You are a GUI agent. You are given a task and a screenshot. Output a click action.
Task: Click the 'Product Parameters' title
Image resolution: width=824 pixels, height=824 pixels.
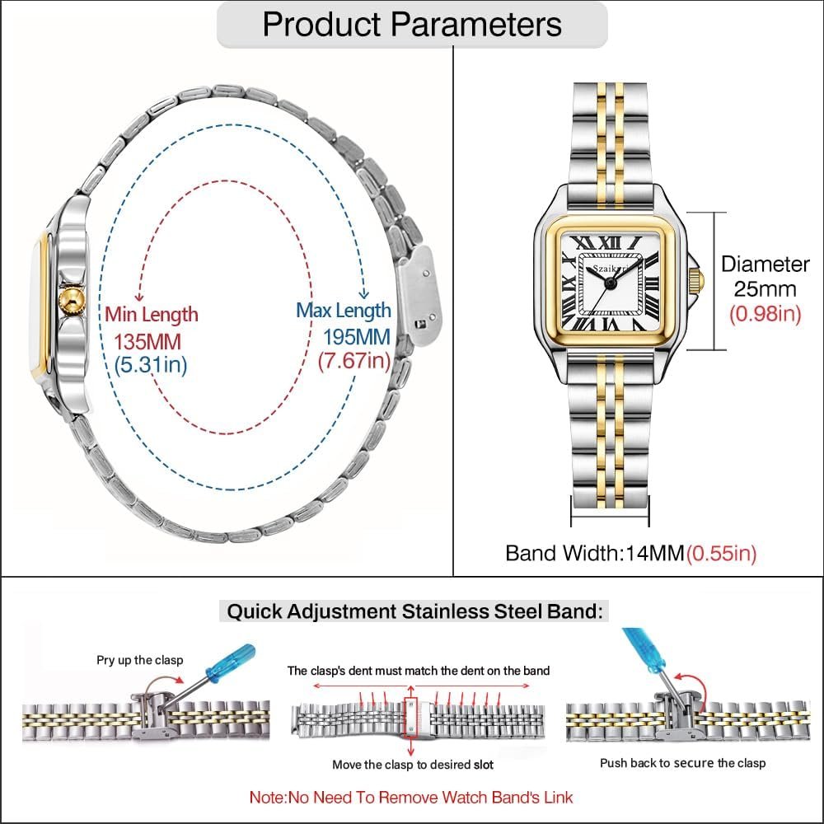pyautogui.click(x=412, y=24)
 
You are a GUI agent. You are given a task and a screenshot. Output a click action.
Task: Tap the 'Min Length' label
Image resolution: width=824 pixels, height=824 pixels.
pyautogui.click(x=151, y=314)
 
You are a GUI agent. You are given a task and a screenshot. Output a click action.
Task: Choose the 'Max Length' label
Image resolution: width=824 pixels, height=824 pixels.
pyautogui.click(x=344, y=311)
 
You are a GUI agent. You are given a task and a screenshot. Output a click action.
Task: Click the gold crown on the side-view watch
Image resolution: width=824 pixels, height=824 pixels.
pyautogui.click(x=72, y=302)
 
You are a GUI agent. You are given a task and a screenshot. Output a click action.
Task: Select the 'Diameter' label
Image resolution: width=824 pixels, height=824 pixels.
pyautogui.click(x=765, y=265)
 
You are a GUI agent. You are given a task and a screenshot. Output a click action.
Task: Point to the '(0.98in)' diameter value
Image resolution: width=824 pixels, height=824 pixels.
pyautogui.click(x=765, y=314)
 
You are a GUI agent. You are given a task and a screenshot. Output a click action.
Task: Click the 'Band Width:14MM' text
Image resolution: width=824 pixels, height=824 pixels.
pyautogui.click(x=595, y=553)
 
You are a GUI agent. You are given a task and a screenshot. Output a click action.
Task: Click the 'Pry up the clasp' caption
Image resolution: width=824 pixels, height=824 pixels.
pyautogui.click(x=140, y=660)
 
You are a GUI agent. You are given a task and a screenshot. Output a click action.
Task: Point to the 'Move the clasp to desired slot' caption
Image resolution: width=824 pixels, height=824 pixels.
pyautogui.click(x=413, y=765)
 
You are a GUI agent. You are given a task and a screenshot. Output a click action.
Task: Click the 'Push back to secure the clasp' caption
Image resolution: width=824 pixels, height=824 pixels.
pyautogui.click(x=683, y=763)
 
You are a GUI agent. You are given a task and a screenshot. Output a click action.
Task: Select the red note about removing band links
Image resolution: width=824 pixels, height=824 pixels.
pyautogui.click(x=411, y=797)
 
